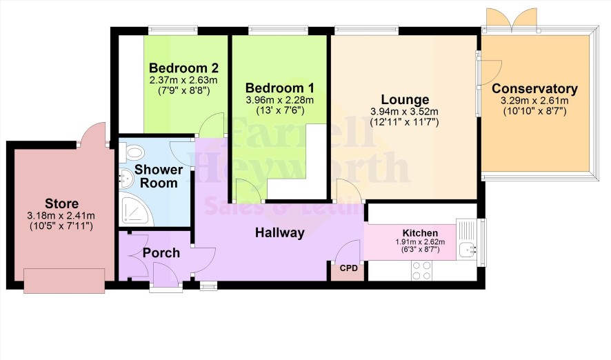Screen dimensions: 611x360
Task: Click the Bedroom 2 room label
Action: pos(183,68)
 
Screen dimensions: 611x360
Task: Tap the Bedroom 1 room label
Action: pos(279,88)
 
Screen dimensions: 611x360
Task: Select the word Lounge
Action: pos(405,100)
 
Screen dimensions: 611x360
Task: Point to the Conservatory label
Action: pos(534,89)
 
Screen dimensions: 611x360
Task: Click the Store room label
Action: pos(61,203)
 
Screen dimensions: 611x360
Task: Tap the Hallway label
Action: pos(280,232)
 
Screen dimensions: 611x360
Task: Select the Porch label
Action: pos(161,253)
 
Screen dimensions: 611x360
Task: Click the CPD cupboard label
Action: pos(348,268)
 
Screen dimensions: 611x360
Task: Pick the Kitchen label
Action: pos(420,233)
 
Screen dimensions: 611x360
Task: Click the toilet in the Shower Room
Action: pos(131,152)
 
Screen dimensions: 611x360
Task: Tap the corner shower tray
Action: pos(136,211)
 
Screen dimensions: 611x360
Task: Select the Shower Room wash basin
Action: pos(126,179)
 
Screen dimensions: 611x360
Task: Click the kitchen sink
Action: pos(466,250)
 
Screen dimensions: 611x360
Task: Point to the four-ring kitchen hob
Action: pos(422,270)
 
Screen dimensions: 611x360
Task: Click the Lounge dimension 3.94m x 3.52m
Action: pos(405,112)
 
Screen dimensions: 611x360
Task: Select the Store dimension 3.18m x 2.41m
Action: pos(61,216)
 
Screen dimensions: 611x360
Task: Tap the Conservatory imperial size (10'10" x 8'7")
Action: pos(534,112)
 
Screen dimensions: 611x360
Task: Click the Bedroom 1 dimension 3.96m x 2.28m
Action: pos(280,101)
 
